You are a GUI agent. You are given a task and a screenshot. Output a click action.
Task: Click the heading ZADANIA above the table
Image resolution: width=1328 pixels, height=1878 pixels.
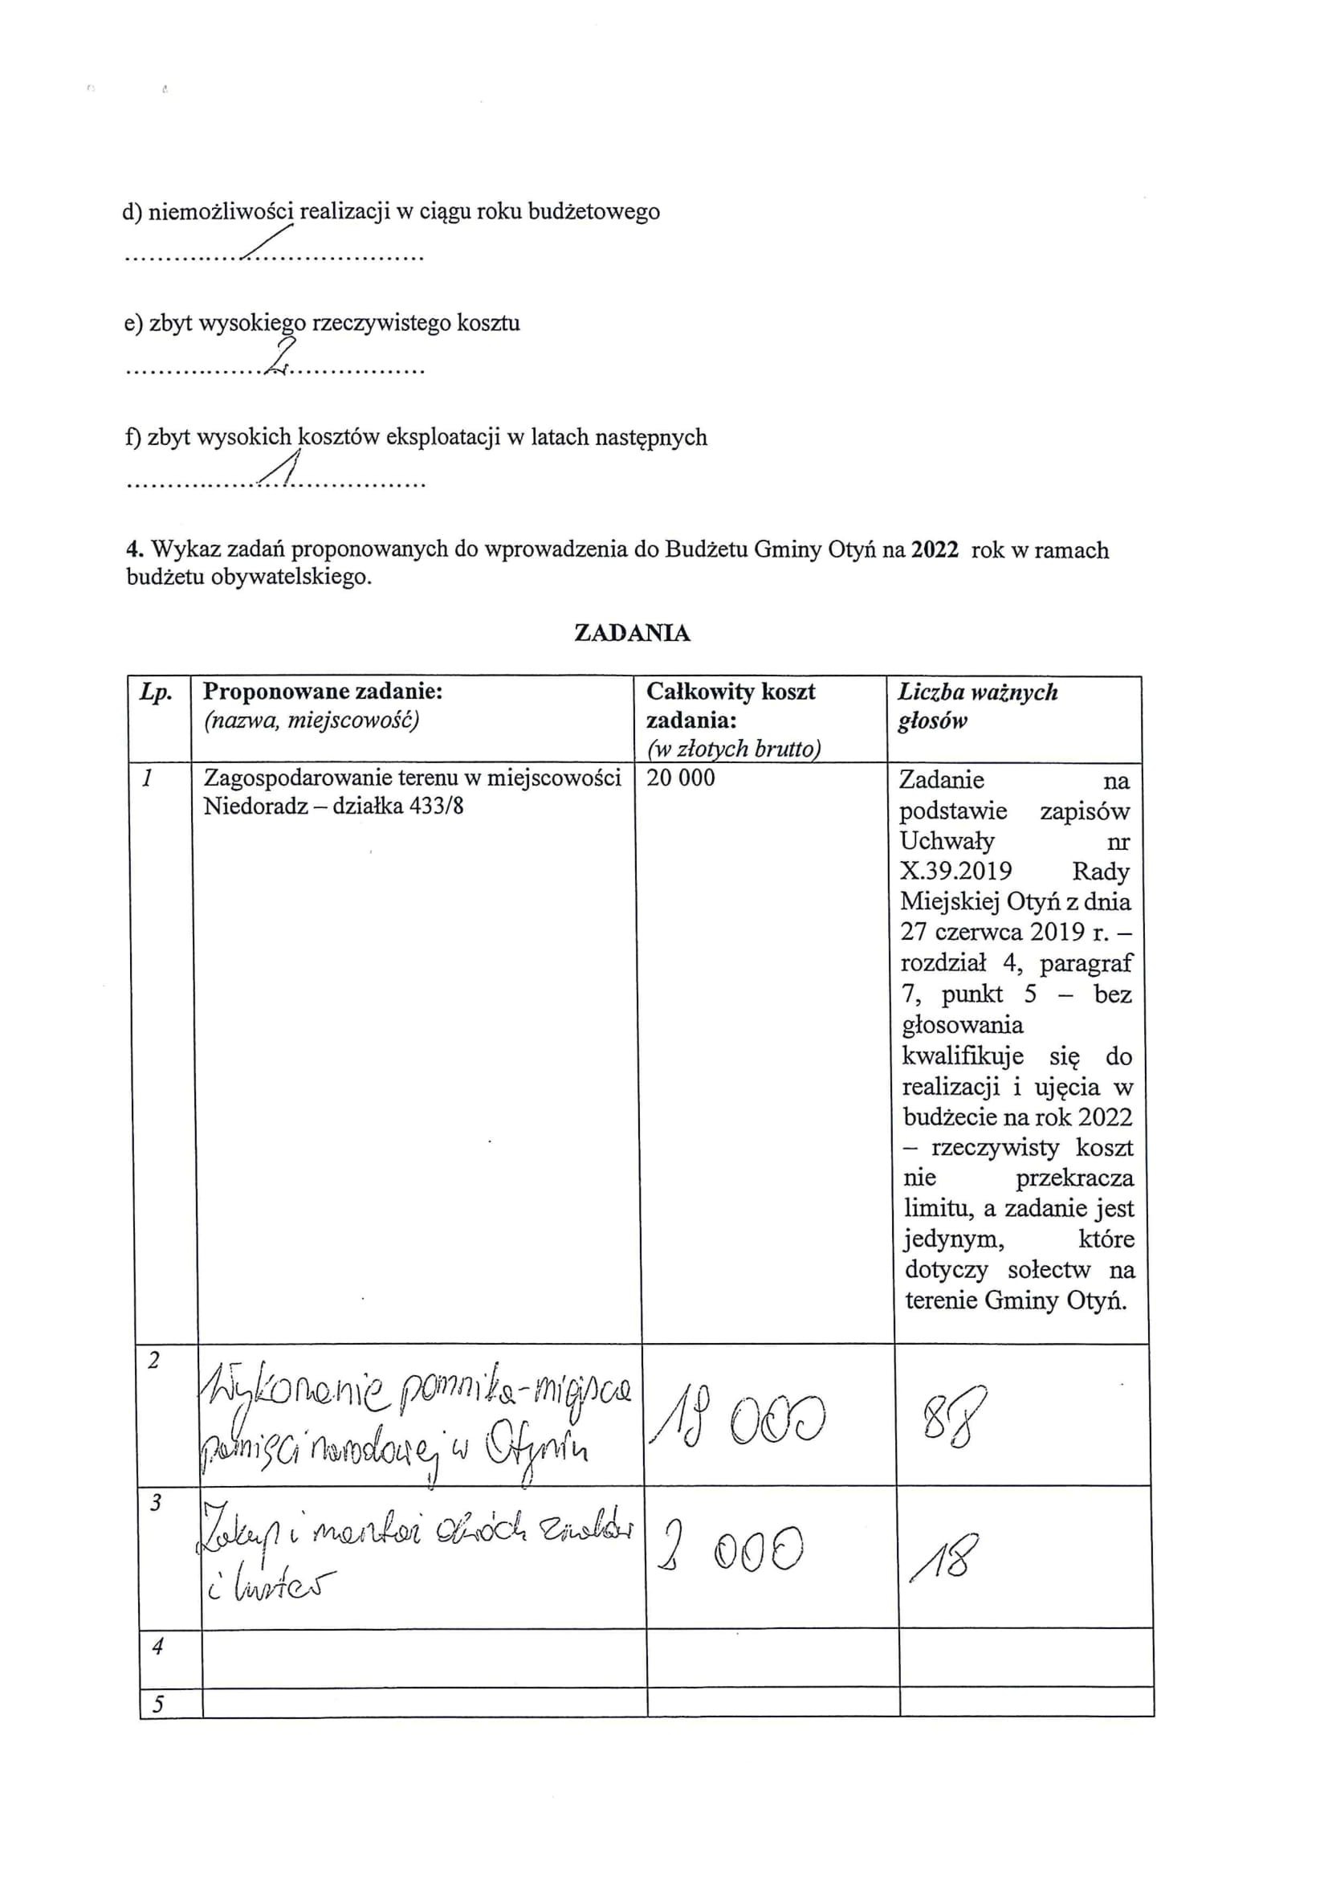(x=632, y=633)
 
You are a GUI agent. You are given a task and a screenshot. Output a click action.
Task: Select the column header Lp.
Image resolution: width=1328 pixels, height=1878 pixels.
(x=156, y=692)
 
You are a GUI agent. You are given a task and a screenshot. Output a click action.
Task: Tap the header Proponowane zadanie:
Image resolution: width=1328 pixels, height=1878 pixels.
(x=323, y=692)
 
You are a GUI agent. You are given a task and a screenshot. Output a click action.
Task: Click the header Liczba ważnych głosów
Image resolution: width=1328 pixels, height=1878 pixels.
(x=978, y=706)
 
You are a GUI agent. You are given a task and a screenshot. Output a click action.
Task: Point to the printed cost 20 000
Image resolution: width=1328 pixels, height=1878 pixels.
(x=680, y=777)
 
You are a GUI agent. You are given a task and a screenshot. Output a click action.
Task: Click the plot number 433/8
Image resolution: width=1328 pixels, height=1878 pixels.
(x=437, y=806)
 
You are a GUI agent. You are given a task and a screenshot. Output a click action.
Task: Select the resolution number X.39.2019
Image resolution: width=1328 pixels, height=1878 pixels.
(x=956, y=870)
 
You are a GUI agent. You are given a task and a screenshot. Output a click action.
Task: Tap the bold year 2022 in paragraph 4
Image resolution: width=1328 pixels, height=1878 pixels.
(x=935, y=549)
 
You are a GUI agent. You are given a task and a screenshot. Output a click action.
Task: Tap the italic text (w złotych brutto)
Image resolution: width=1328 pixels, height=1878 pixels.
(x=734, y=749)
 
